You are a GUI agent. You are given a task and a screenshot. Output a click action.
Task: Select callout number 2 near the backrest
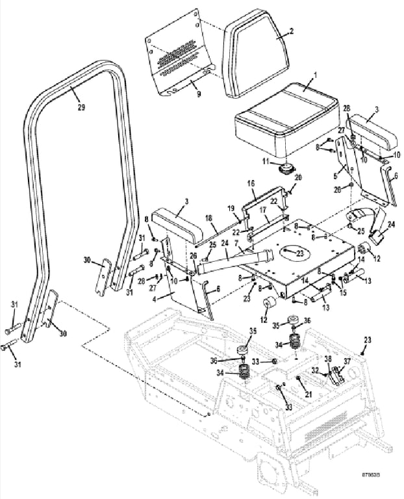pyautogui.click(x=292, y=31)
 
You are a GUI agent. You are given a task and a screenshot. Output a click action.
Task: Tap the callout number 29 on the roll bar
pyautogui.click(x=81, y=107)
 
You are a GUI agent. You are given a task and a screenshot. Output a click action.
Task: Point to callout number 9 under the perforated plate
pyautogui.click(x=198, y=94)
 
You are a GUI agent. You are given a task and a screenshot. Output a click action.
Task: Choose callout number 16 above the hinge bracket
pyautogui.click(x=251, y=185)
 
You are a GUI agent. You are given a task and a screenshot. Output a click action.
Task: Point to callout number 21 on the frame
pyautogui.click(x=309, y=394)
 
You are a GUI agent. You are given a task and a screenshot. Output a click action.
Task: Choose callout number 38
pyautogui.click(x=328, y=359)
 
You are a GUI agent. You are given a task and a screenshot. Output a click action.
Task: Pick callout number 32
pyautogui.click(x=315, y=370)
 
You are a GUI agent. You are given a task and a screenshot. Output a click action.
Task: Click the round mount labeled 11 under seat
pyautogui.click(x=283, y=169)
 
